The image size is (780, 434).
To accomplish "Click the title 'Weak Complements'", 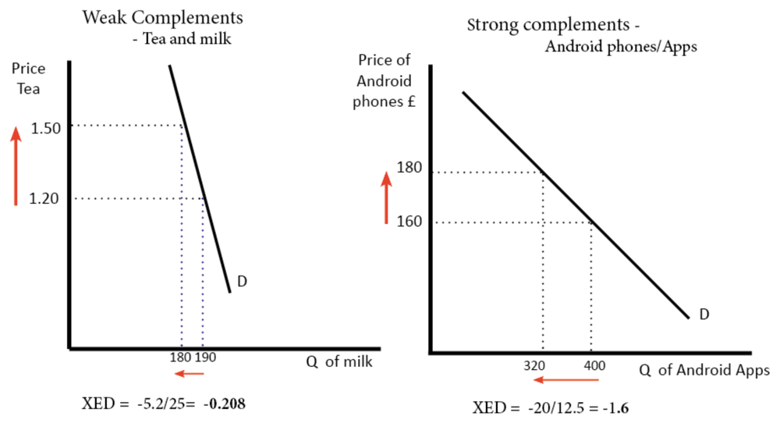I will click(x=162, y=17).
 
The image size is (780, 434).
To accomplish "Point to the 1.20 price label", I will click(x=44, y=199).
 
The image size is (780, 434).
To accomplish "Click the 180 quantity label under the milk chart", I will click(x=179, y=360).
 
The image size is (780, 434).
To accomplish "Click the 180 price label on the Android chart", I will click(x=409, y=167).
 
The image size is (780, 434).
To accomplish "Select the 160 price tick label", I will click(x=409, y=221).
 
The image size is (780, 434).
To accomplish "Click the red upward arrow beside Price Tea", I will click(x=15, y=166).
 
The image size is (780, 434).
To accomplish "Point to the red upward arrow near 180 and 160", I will click(x=385, y=197).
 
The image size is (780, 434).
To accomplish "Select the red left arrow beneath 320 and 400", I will click(x=565, y=380).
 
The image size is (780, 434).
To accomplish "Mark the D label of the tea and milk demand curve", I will click(x=242, y=282).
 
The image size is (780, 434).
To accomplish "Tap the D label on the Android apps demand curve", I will click(x=704, y=315).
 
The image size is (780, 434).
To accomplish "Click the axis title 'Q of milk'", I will click(x=337, y=362).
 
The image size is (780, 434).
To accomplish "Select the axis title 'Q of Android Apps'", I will click(x=704, y=370).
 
